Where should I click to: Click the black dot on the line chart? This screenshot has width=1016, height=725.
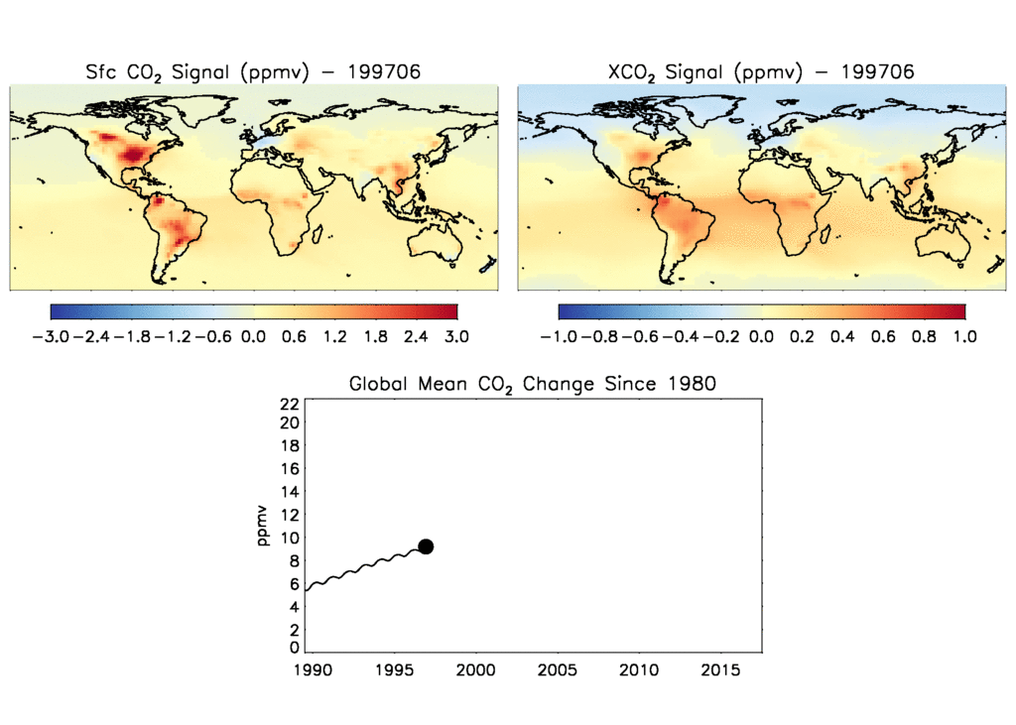coord(426,546)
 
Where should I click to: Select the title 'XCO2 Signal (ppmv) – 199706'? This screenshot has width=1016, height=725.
coord(759,72)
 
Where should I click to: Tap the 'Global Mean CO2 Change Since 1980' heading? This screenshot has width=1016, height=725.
coord(532,384)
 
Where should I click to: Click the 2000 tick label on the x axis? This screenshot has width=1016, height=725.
coord(475,671)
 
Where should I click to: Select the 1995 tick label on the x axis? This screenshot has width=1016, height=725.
coord(393,671)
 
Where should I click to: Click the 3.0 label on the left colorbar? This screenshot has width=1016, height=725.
coord(456,336)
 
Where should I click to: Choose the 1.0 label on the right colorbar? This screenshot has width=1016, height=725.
coord(964,336)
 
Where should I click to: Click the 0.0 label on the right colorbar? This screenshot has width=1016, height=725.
coord(761,336)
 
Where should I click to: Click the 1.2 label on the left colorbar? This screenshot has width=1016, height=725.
coord(334,336)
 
